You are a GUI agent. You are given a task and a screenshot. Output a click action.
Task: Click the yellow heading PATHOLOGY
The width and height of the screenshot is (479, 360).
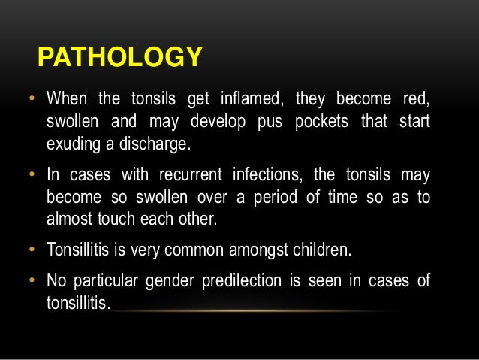(x=120, y=56)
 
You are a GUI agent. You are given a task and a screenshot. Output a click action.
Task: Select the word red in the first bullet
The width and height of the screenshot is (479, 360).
(x=417, y=99)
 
